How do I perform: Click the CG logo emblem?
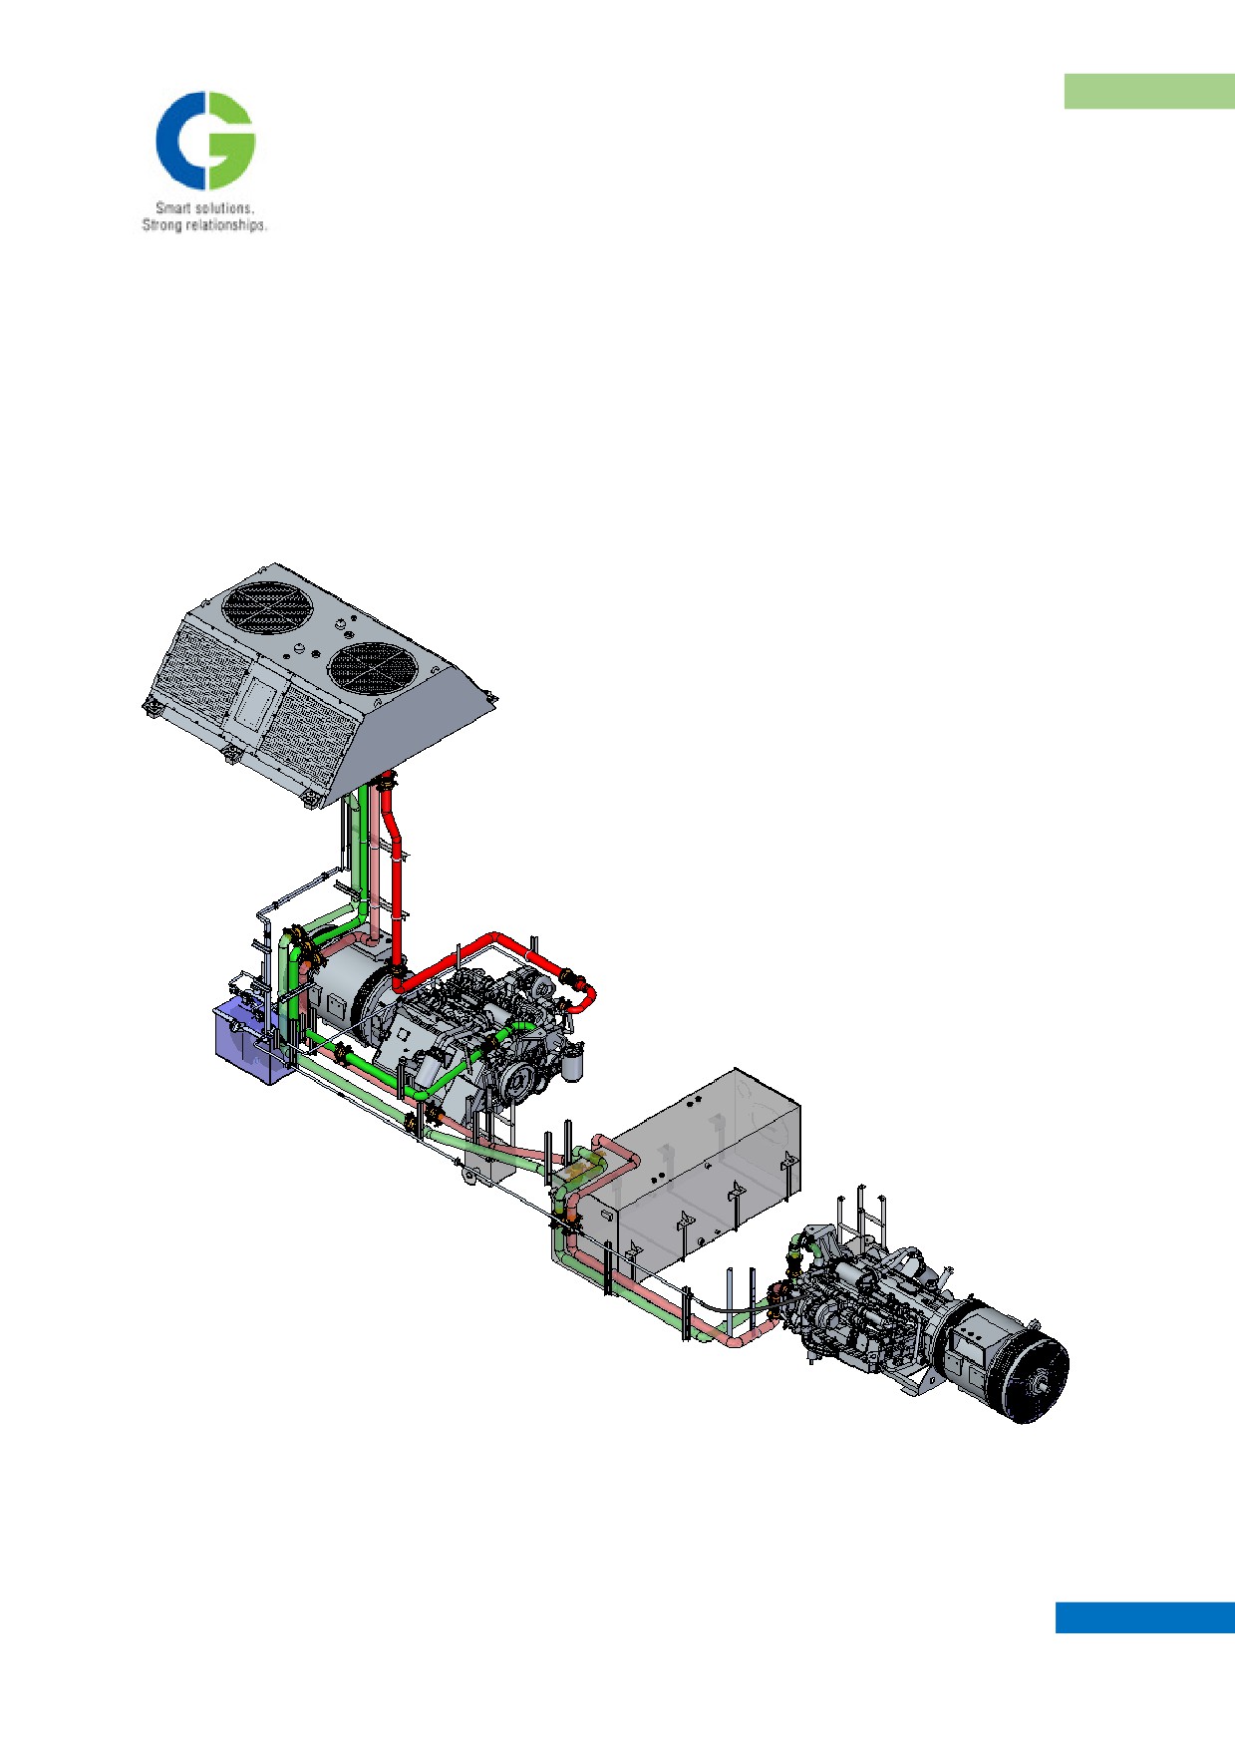tap(205, 141)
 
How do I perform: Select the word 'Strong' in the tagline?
tap(161, 225)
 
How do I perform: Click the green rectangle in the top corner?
tap(1149, 91)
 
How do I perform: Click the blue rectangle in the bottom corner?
tap(1145, 1617)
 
